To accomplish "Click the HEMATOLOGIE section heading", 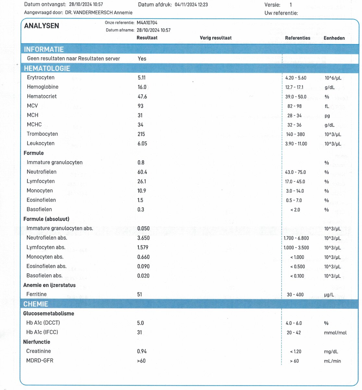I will (47, 69).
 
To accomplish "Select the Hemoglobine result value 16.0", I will (142, 87).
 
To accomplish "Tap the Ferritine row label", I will (36, 294).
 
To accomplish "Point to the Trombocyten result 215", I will (141, 134).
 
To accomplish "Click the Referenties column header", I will (297, 38).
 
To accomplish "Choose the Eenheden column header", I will (334, 38).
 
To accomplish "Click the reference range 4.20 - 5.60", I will (296, 78).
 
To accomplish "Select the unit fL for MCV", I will (327, 106).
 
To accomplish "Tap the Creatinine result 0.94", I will (142, 351).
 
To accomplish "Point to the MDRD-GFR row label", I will (40, 361).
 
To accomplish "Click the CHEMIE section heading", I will (36, 304).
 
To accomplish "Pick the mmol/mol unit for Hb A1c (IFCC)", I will (335, 332).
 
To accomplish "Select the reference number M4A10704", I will (147, 23).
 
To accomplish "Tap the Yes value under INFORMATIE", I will (142, 59).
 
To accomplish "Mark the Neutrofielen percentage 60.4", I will (142, 172).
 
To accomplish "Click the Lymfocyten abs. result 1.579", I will (143, 248).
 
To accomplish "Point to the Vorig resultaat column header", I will (215, 38).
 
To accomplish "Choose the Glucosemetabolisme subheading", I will (49, 314).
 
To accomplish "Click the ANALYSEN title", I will (42, 26).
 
